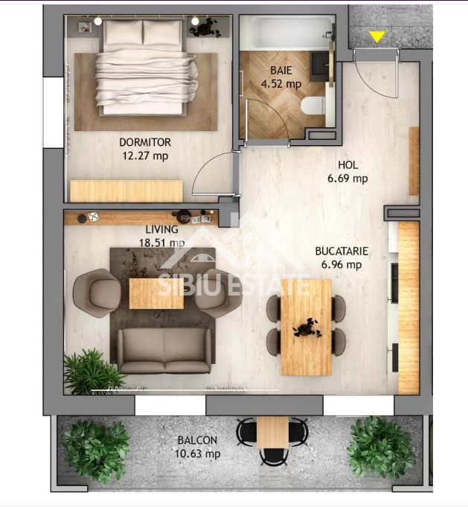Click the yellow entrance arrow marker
click(x=377, y=36)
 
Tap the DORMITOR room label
click(x=145, y=142)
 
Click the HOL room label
click(x=348, y=165)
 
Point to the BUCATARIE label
click(x=342, y=252)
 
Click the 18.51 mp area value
click(x=165, y=243)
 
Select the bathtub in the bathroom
click(x=286, y=34)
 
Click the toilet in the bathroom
click(x=312, y=106)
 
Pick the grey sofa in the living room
click(x=164, y=350)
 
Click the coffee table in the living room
click(x=156, y=293)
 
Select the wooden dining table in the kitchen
click(x=306, y=327)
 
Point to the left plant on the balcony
click(x=95, y=449)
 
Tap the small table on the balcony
click(x=272, y=432)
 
